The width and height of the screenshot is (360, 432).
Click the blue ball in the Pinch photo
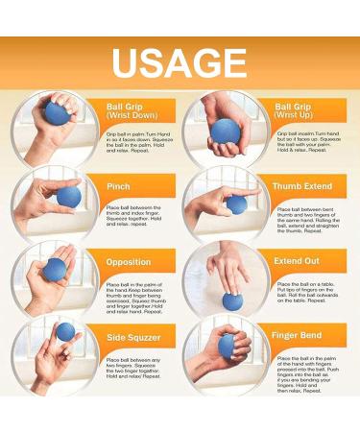click(x=69, y=197)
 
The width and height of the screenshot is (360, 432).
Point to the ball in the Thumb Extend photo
click(x=236, y=204)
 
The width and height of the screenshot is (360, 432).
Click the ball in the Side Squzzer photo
click(x=65, y=332)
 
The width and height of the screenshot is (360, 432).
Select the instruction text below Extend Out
click(x=305, y=292)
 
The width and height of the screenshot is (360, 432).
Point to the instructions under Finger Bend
click(x=305, y=378)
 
